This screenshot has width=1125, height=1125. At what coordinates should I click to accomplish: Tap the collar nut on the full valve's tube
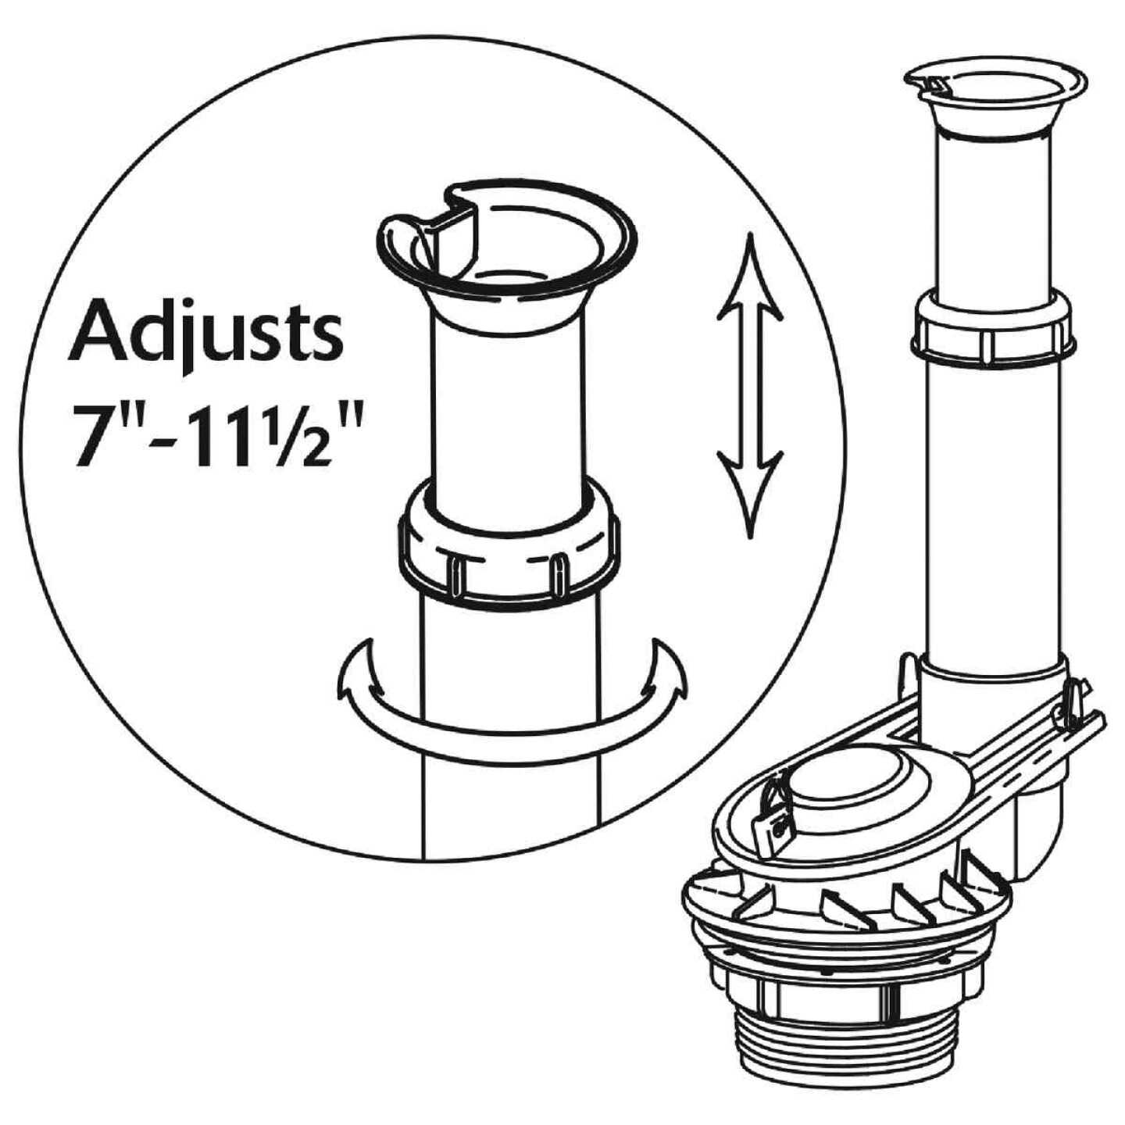(x=992, y=332)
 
